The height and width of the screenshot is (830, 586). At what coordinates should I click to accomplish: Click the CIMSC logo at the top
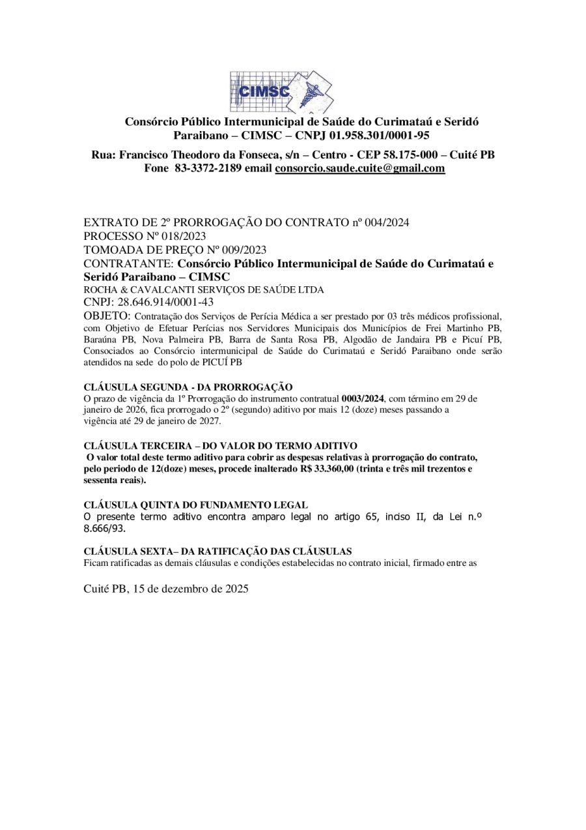click(281, 92)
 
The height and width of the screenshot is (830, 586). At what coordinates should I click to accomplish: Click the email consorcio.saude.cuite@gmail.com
click(360, 168)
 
